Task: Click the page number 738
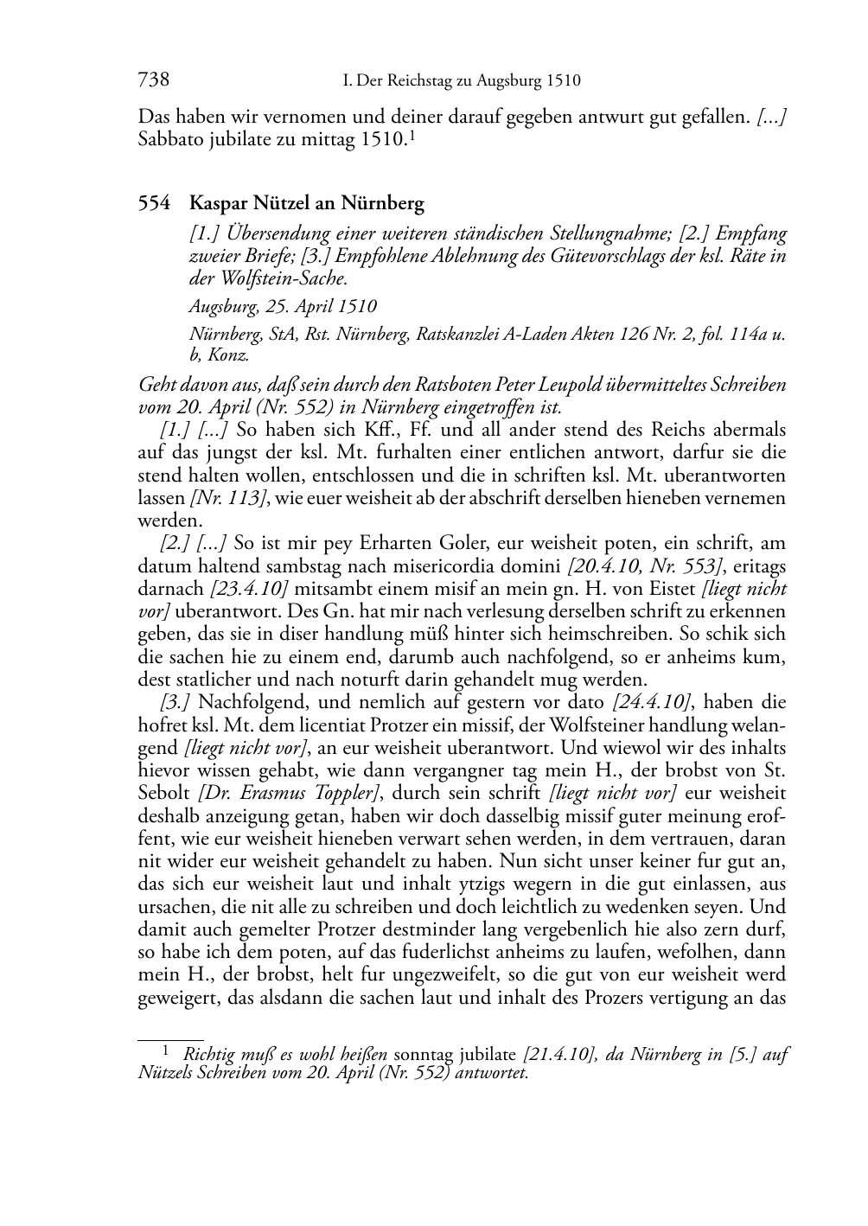tap(153, 80)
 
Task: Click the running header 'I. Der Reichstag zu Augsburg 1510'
tap(461, 81)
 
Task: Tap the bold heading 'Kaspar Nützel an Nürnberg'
tap(307, 204)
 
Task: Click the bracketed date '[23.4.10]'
tap(248, 589)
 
